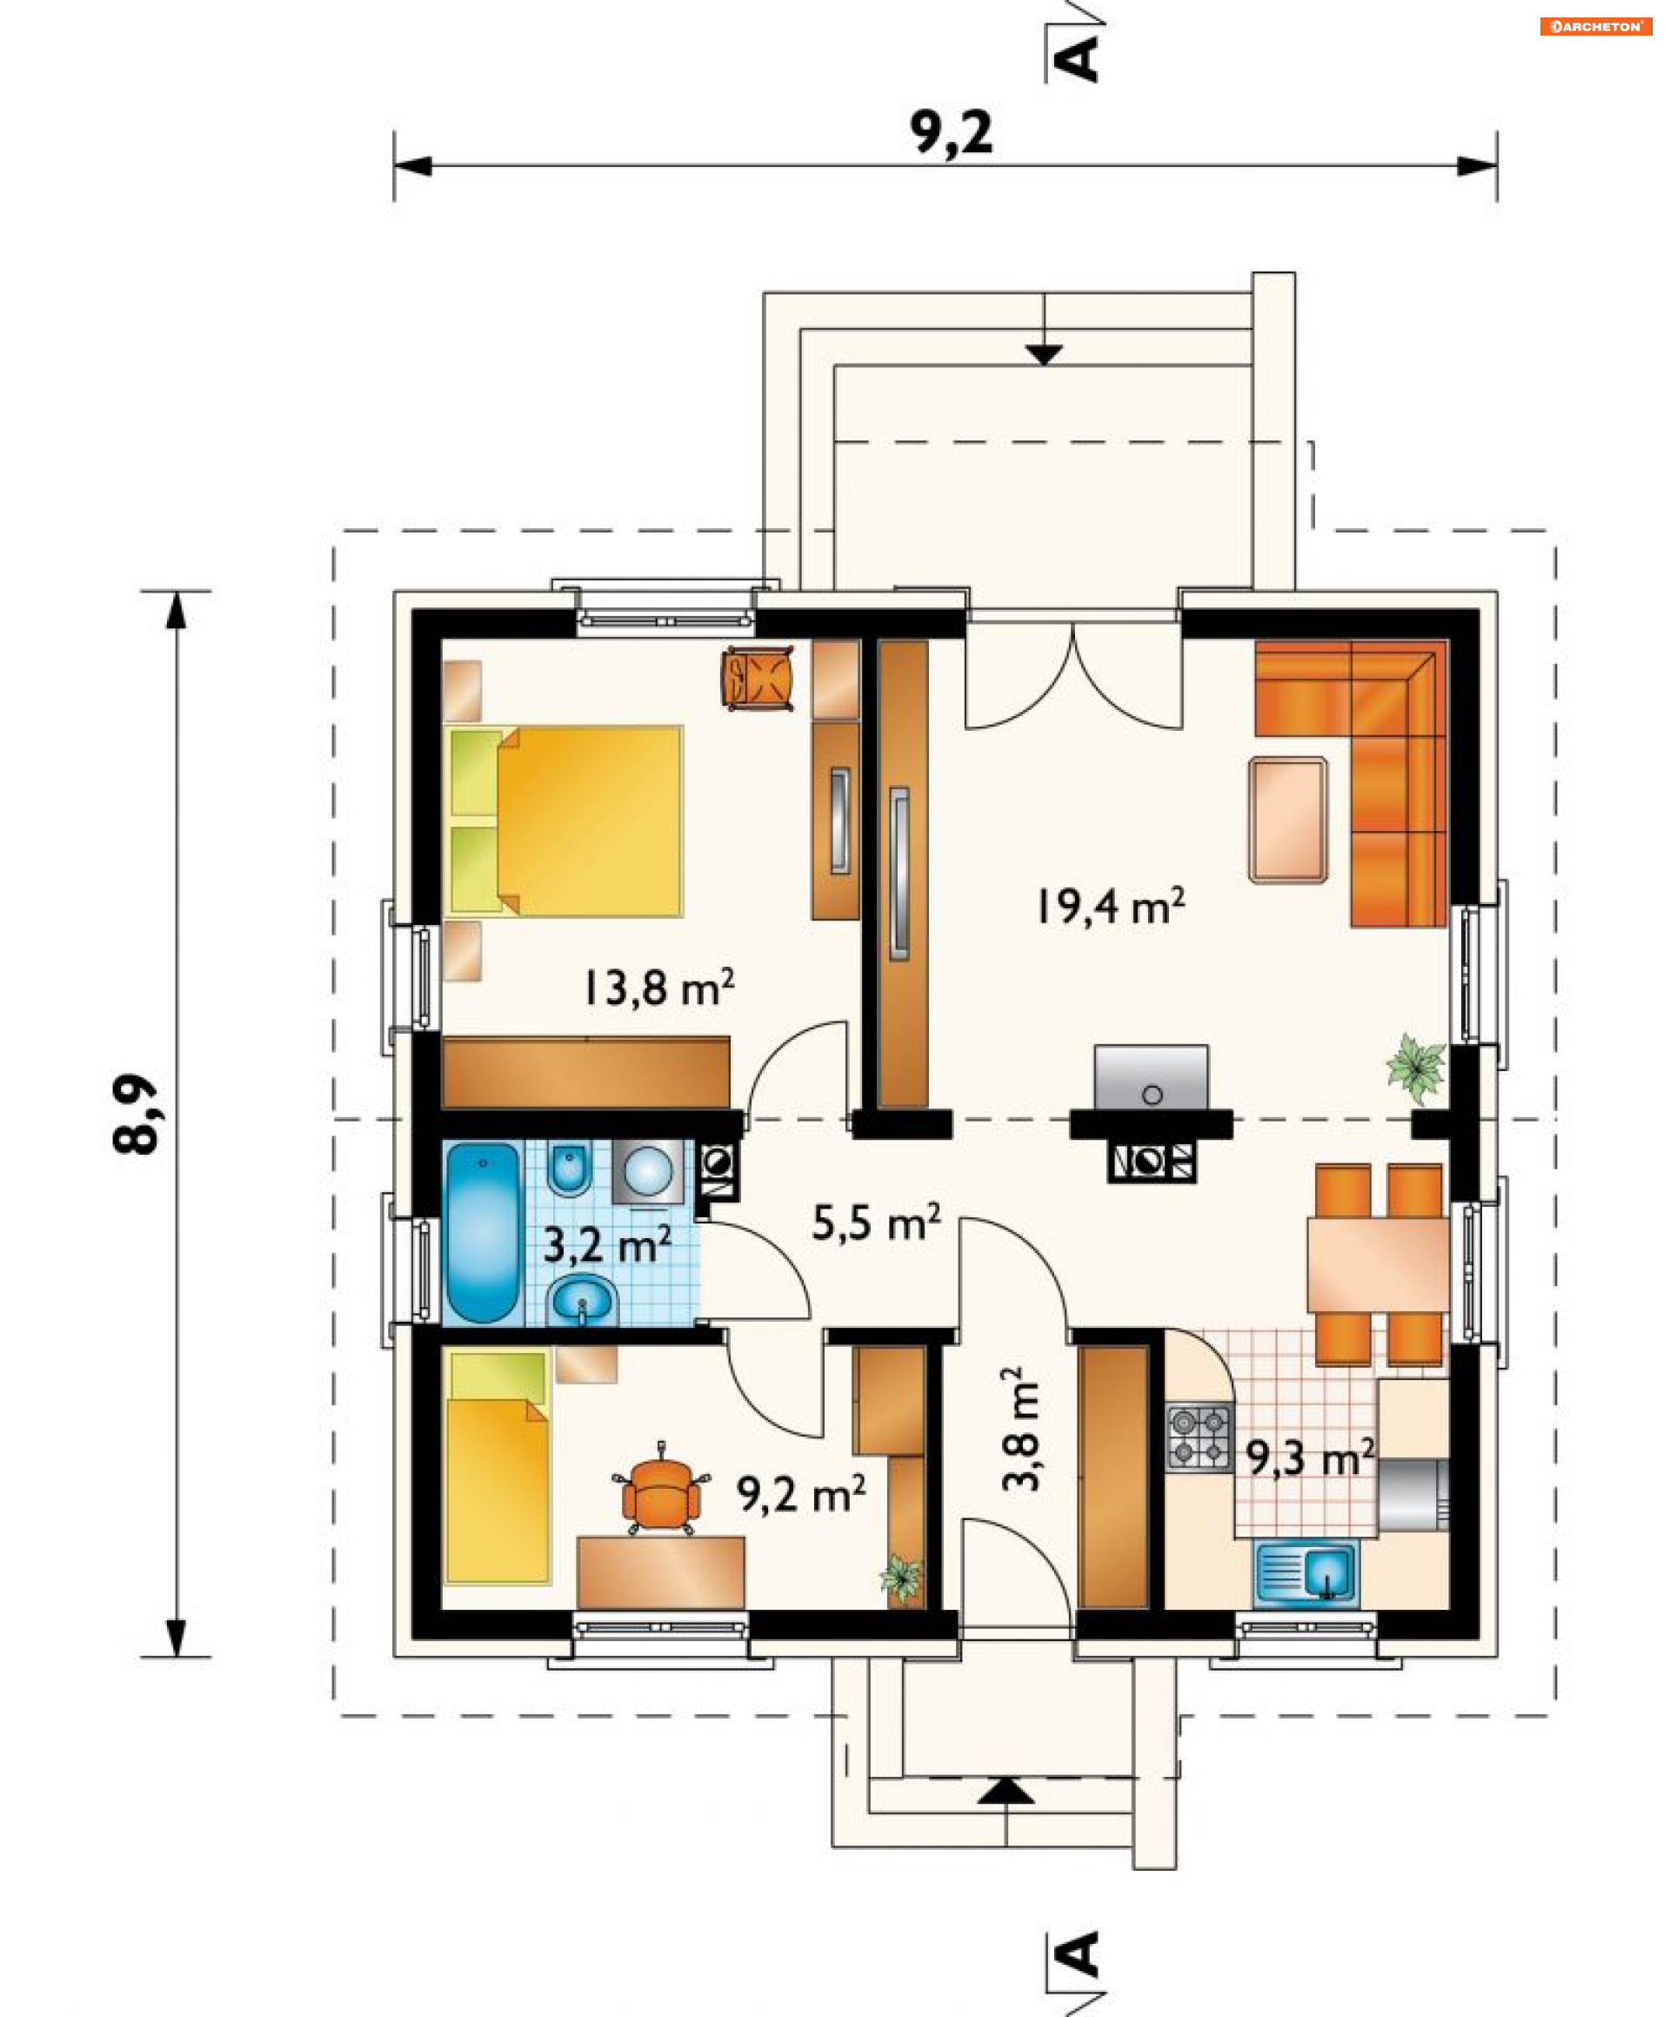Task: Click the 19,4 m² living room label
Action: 1110,906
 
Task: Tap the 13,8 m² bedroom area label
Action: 658,988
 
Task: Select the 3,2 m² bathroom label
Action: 607,1246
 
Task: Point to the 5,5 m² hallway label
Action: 876,1223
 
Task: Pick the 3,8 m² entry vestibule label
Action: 1020,1429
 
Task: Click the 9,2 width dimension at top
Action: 952,132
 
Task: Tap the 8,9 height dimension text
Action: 136,1113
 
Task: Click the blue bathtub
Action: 482,1231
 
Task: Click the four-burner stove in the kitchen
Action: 1199,1437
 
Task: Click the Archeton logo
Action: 1596,27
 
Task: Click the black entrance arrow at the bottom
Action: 1006,1792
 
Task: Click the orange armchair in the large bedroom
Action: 758,678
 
